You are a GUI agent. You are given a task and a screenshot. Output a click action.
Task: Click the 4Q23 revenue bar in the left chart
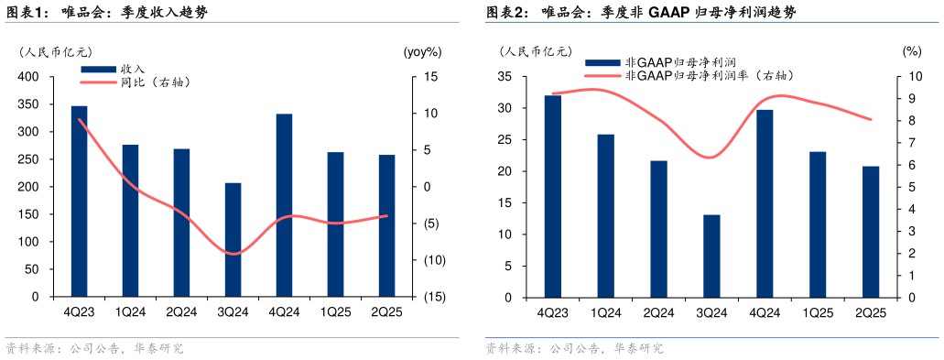click(x=79, y=202)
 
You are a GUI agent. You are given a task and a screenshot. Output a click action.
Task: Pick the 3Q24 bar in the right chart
click(x=711, y=256)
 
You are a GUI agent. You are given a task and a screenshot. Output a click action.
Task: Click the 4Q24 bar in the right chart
click(x=765, y=203)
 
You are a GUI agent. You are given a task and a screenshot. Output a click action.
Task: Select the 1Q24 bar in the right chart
click(x=605, y=216)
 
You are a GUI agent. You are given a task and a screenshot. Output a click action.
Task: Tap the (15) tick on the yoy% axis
click(x=434, y=297)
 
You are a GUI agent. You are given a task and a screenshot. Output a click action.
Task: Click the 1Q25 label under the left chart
click(x=335, y=311)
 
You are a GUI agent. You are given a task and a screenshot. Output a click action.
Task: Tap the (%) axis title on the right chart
click(x=911, y=52)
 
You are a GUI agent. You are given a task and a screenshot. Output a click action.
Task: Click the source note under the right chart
click(x=574, y=349)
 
